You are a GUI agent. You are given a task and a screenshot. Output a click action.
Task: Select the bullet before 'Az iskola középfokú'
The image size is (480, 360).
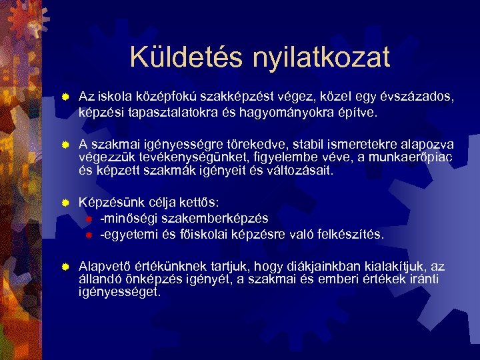click(x=64, y=98)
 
